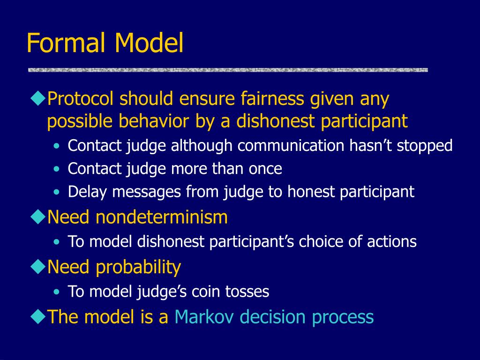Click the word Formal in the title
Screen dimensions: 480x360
[66, 43]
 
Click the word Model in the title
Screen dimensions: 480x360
[149, 43]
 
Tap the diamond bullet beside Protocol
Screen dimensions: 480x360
[38, 98]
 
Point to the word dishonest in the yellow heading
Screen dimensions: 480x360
[275, 121]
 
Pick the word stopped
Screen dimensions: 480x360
[425, 145]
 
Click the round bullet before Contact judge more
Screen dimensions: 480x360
[56, 169]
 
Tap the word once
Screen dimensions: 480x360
[265, 169]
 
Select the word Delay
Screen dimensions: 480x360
[87, 192]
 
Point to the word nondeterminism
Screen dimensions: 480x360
[162, 217]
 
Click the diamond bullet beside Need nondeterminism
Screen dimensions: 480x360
[38, 217]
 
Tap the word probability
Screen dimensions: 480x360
[138, 267]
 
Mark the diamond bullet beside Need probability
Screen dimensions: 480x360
[38, 267]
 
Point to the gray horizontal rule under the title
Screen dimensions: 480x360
[228, 70]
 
